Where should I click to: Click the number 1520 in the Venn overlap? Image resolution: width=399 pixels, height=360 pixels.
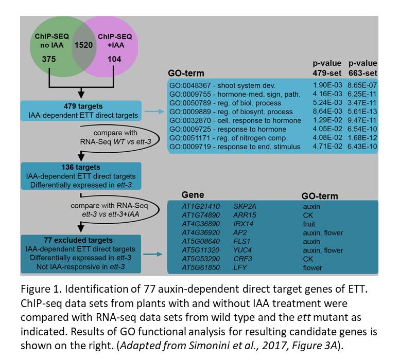83,45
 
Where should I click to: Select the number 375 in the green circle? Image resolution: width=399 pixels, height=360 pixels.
49,59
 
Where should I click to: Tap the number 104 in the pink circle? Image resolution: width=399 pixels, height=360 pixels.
114,59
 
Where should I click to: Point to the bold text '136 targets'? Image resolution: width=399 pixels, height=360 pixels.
81,167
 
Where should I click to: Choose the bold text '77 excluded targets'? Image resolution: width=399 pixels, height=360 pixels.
78,240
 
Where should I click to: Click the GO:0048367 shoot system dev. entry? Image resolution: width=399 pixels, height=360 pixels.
222,85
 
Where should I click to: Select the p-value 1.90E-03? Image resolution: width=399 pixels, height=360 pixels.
327,85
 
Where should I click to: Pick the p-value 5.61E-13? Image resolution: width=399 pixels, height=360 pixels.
362,112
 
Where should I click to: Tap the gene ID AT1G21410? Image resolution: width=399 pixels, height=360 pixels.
201,206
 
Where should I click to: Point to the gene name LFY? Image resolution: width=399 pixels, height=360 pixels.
240,267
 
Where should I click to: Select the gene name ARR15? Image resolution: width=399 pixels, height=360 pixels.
245,215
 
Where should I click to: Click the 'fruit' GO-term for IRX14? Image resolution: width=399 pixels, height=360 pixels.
309,224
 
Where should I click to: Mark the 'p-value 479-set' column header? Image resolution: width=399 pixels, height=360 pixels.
327,68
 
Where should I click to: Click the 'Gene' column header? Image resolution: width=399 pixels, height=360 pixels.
193,195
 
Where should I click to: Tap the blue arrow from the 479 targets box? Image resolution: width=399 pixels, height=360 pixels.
154,112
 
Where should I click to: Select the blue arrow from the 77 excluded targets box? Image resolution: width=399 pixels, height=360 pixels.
153,254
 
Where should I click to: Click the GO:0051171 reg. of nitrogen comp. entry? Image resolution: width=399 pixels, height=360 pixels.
229,138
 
